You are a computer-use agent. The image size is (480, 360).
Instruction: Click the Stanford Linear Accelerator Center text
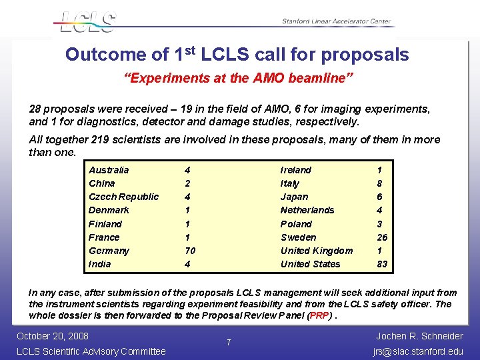click(336, 22)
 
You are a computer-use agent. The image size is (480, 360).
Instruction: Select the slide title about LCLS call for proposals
click(237, 55)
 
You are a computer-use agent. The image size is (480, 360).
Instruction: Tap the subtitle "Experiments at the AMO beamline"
click(238, 78)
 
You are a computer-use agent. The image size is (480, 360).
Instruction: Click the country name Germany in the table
click(109, 251)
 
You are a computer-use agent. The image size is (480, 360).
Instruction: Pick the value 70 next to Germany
click(190, 251)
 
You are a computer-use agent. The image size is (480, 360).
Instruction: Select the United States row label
click(310, 264)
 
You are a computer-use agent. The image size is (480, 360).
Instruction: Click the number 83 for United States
click(382, 264)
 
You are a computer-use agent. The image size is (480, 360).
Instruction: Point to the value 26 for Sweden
click(382, 237)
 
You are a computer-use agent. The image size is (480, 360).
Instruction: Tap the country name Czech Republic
click(123, 197)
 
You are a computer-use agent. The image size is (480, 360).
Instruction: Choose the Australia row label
click(109, 170)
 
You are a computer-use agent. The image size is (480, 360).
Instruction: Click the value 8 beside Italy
click(380, 183)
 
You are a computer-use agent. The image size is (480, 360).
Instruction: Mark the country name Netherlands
click(307, 210)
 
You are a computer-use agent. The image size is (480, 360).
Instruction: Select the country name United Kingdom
click(317, 251)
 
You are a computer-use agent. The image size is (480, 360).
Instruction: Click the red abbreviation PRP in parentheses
click(319, 315)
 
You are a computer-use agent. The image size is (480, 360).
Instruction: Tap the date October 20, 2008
click(52, 335)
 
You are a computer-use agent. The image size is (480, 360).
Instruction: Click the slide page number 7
click(229, 343)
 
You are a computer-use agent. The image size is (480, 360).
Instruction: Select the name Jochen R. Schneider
click(419, 335)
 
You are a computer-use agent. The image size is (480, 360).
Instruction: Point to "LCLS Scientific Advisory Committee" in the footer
click(91, 351)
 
